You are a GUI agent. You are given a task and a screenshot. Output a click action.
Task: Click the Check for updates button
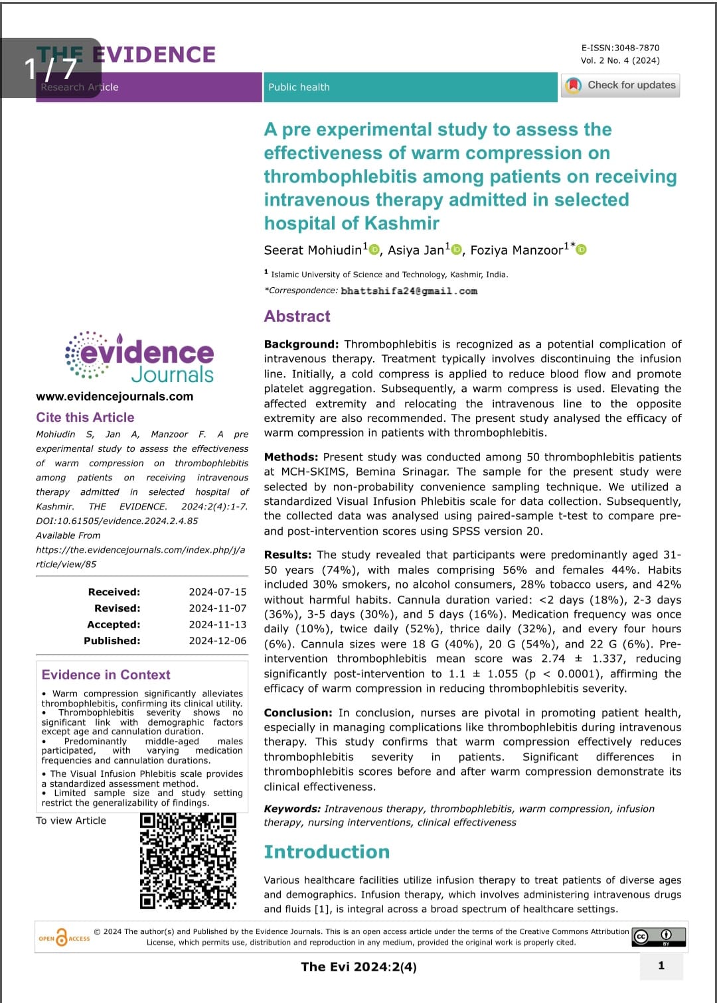coord(621,86)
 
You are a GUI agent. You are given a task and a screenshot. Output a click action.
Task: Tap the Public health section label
coord(299,87)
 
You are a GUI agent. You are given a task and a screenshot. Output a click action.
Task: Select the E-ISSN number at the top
coord(620,48)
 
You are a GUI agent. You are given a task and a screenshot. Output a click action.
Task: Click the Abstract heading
coord(297,316)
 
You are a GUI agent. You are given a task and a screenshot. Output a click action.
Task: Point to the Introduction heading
coord(327,852)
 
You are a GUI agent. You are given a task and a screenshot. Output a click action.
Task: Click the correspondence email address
coord(409,291)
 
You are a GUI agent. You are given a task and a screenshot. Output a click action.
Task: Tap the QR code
coord(188,860)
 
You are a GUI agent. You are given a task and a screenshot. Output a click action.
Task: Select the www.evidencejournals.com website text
coord(114,397)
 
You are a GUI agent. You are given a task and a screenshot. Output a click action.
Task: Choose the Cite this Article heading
coord(85,417)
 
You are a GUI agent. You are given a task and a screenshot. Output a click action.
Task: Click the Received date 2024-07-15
coord(217,592)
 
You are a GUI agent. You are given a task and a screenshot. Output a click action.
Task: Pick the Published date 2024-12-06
coord(217,641)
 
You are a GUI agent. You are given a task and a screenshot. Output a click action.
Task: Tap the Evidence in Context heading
coord(106,675)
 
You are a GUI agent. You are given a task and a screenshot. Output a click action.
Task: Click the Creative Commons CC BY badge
coord(659,937)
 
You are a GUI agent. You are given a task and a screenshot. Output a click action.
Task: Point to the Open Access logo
coord(64,937)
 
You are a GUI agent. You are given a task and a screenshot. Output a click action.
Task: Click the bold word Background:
coord(301,344)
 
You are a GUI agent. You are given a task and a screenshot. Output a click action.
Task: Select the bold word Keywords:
coord(292,809)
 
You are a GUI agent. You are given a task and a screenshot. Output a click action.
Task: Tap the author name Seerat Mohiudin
coord(313,250)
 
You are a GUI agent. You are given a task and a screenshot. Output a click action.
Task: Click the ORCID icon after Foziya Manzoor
coord(582,249)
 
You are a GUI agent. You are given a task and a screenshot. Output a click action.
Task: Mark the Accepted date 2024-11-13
coord(217,624)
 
